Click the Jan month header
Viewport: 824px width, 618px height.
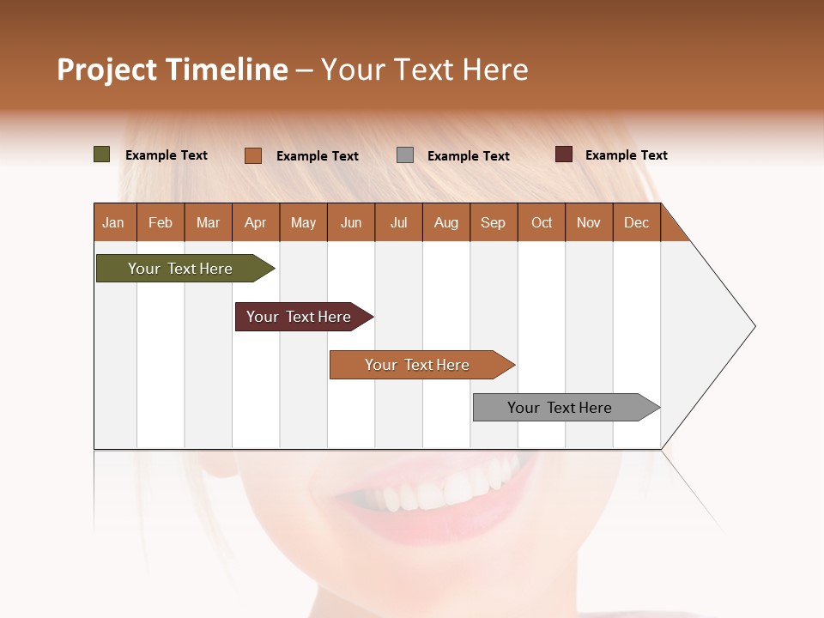(113, 222)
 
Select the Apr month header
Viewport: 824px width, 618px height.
(255, 222)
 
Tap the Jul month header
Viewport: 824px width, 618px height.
(398, 222)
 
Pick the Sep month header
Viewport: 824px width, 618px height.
(493, 222)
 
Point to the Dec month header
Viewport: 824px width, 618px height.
(636, 222)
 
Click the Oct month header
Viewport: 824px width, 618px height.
(542, 222)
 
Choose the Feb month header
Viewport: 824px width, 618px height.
(161, 222)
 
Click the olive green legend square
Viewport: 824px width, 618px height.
(102, 154)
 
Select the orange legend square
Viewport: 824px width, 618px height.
(253, 155)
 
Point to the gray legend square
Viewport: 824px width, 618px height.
(405, 155)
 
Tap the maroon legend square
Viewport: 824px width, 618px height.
(564, 154)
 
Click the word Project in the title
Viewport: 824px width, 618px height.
(106, 70)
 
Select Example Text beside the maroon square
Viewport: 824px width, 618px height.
(626, 155)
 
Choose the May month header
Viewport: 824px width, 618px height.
(303, 222)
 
